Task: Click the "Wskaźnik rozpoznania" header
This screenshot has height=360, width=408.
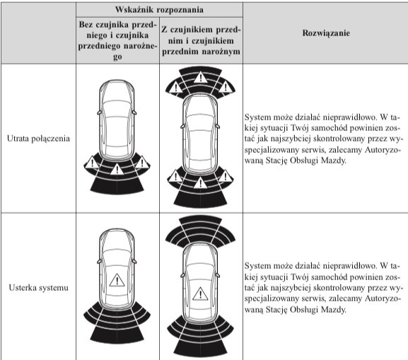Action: [159, 10]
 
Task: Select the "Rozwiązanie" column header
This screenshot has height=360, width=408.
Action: [326, 33]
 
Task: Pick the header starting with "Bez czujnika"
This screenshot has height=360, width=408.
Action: [117, 40]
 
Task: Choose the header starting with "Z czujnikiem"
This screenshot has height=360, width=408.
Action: [201, 40]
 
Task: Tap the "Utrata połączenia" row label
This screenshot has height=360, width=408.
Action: [38, 139]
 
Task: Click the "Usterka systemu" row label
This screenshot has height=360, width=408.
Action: [38, 288]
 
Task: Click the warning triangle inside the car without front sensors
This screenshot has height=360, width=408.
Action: [117, 280]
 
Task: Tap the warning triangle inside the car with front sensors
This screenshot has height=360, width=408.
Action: [200, 294]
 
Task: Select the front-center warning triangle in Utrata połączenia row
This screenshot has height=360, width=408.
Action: [200, 77]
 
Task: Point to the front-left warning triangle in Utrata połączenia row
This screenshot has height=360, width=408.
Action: [176, 87]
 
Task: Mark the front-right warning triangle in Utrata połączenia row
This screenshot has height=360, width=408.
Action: [226, 87]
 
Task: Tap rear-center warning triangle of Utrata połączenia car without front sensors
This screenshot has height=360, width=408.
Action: [117, 170]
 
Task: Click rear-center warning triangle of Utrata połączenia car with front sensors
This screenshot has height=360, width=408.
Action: [200, 182]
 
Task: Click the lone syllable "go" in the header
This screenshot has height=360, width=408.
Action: [117, 57]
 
